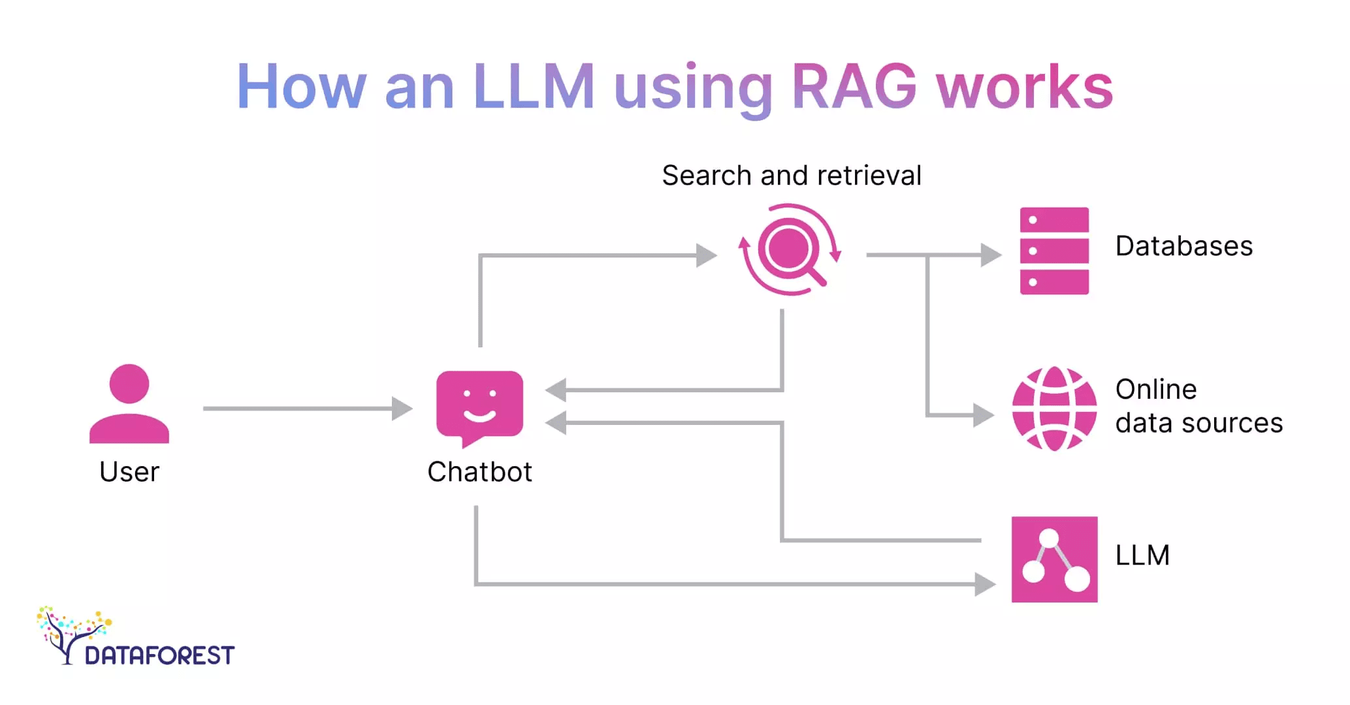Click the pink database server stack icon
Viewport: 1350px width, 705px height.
1054,251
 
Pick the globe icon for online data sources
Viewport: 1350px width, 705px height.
1054,409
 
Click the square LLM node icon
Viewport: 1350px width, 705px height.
1054,559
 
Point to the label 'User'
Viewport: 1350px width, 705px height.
129,472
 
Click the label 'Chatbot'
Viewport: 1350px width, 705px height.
479,472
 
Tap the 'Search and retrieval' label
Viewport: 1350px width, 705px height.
791,176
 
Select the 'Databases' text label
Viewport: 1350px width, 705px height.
1183,247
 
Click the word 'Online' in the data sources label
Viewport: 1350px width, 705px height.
1156,390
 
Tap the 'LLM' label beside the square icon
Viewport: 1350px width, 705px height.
1142,556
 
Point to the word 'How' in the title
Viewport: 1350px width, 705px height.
301,87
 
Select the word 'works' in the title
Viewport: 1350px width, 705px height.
1024,87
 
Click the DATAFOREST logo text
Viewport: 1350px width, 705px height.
159,655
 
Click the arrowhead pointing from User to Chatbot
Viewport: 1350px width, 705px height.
402,409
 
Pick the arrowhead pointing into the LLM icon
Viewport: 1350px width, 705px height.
984,584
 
